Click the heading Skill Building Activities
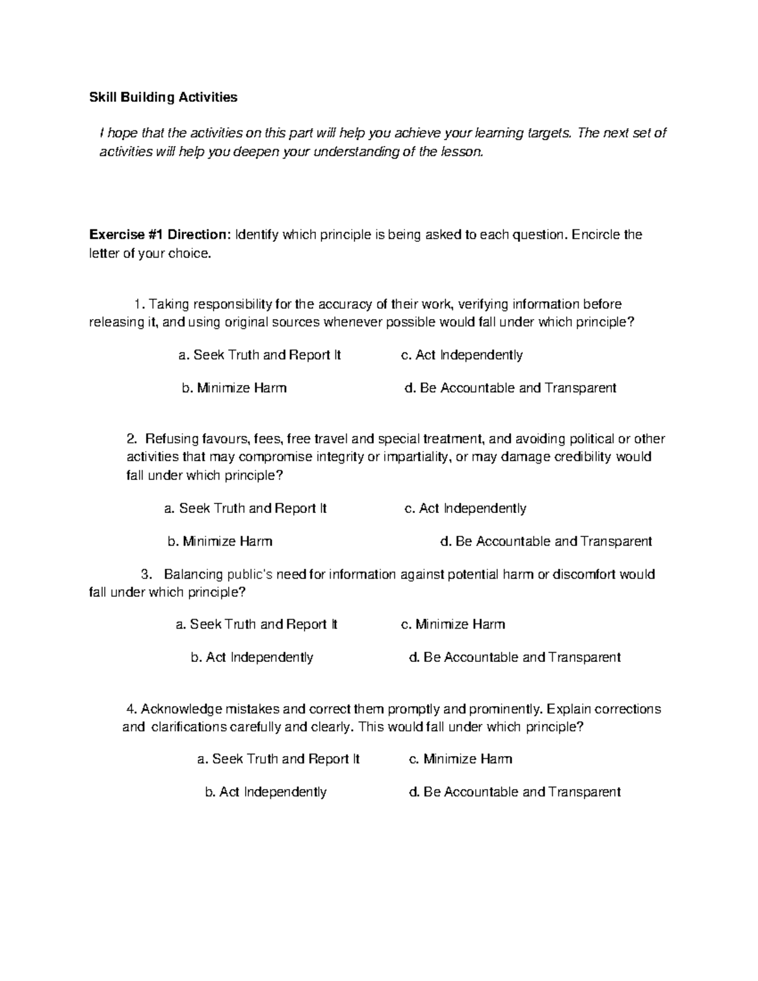163,97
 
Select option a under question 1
260,355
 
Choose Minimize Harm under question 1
234,388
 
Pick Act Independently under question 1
462,355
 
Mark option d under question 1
510,388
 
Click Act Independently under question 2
465,509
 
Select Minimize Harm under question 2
220,541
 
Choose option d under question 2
546,541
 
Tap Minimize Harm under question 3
453,625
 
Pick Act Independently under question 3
252,658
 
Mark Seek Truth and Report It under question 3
256,625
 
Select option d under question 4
515,792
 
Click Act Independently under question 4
265,792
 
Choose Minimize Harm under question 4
460,759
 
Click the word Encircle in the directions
596,235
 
